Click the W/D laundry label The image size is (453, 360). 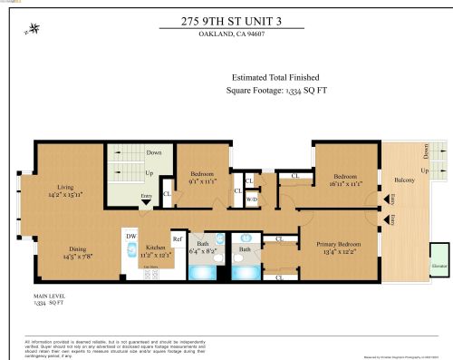(251, 199)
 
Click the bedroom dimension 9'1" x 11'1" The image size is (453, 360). (201, 180)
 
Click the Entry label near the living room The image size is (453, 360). (146, 195)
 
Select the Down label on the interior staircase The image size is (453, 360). (130, 153)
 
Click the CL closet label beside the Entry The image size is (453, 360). (167, 193)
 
